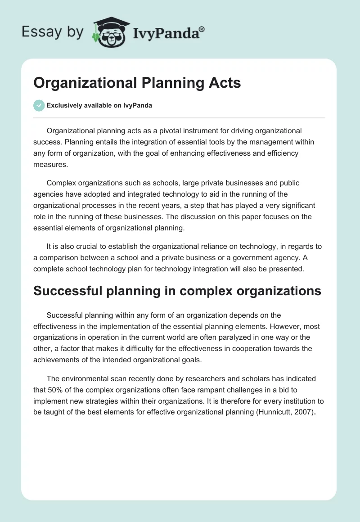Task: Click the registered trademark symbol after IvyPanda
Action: coord(202,29)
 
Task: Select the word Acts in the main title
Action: coord(225,83)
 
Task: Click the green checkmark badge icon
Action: coord(39,105)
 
